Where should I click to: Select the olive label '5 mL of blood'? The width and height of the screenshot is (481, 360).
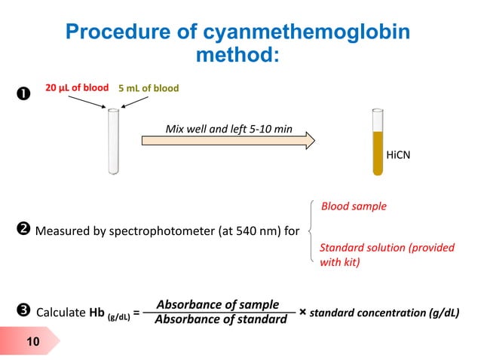pos(148,88)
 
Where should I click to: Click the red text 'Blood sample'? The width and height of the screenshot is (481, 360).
pos(354,205)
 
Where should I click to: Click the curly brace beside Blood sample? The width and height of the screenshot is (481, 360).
pos(312,230)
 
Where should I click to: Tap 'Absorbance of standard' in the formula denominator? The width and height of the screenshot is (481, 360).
pos(220,320)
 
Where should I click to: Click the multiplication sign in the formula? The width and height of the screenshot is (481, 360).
pos(302,311)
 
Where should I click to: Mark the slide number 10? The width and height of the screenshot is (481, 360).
pos(33,343)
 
